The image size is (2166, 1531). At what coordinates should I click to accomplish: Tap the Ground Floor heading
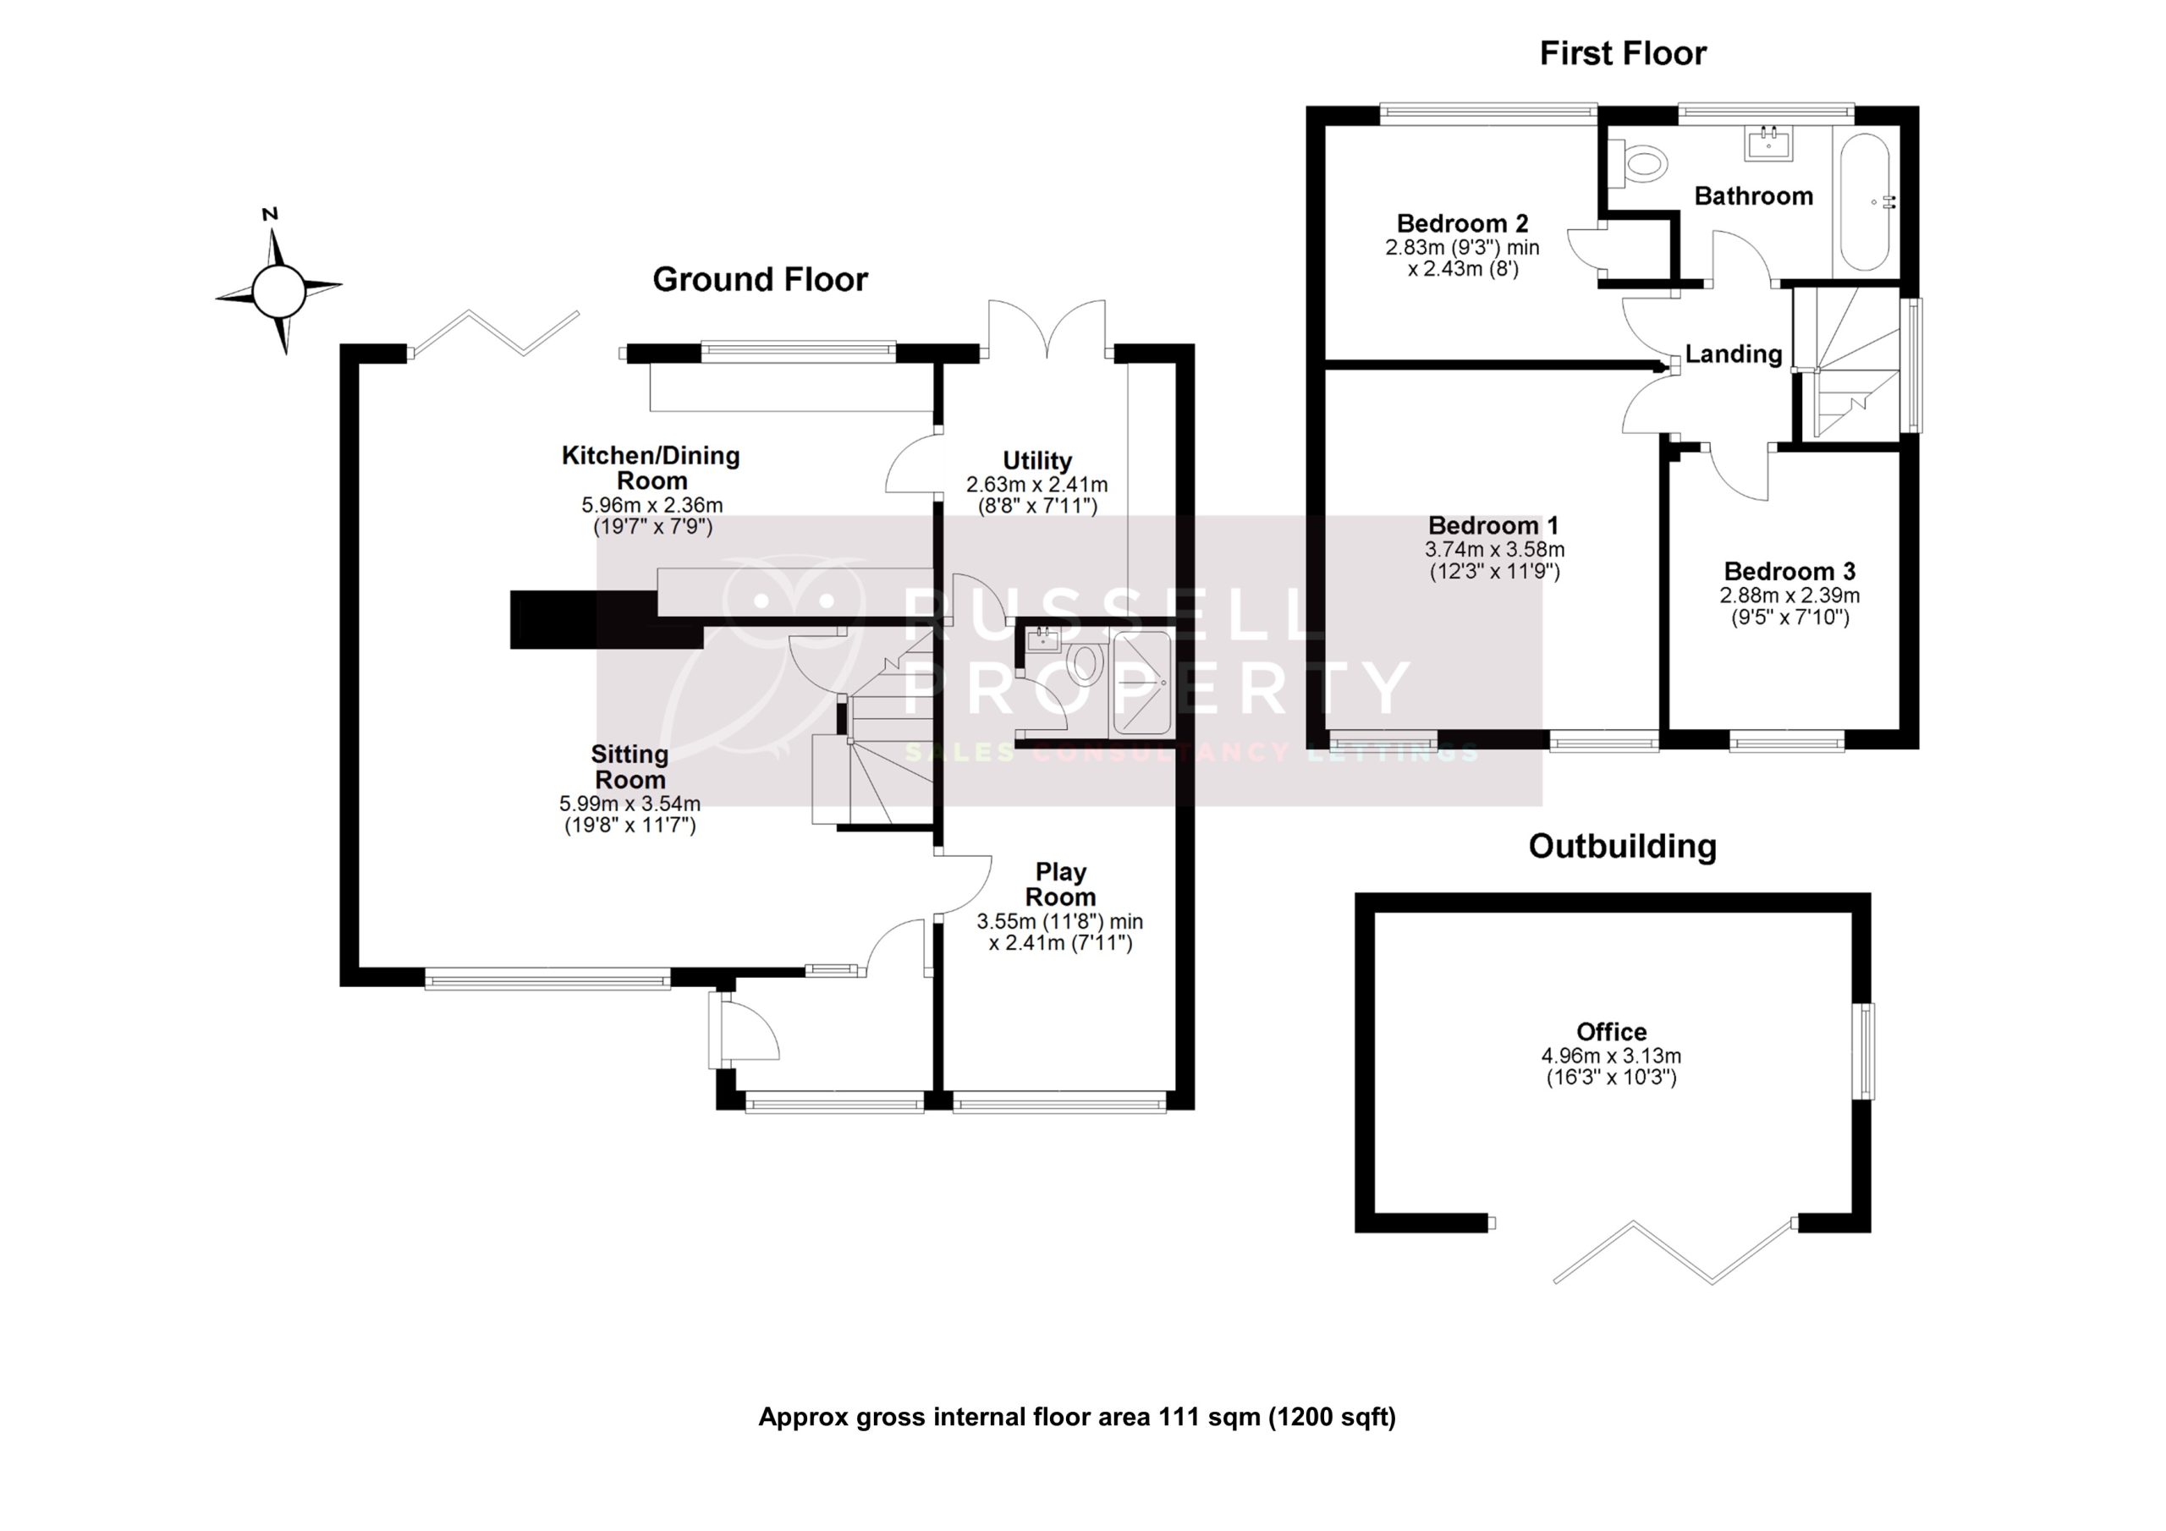click(x=760, y=279)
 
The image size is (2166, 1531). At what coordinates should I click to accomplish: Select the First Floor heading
click(x=1622, y=54)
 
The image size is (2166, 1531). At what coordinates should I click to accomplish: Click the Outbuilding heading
click(x=1622, y=846)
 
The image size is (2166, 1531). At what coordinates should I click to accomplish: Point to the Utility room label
click(x=1036, y=460)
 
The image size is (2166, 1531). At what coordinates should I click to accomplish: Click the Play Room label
click(x=1060, y=884)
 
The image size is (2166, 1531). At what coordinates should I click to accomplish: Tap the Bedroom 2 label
click(x=1461, y=223)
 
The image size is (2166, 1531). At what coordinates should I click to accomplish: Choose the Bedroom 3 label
click(x=1789, y=572)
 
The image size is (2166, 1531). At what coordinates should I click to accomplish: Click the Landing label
click(x=1733, y=354)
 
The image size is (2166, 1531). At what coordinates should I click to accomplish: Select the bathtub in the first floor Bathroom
click(x=1864, y=203)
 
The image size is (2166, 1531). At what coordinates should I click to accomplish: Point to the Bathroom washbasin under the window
click(x=1767, y=144)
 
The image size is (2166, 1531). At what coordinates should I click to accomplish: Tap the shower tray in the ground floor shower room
click(x=1141, y=682)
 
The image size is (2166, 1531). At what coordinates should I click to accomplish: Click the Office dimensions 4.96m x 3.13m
click(x=1611, y=1056)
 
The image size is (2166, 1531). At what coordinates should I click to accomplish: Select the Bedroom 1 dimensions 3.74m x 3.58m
click(x=1494, y=549)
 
